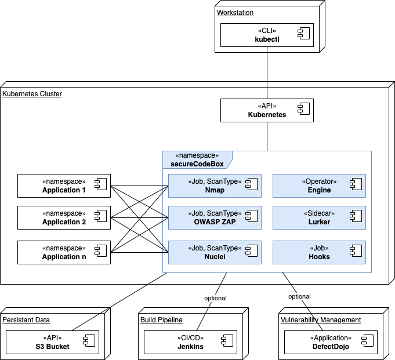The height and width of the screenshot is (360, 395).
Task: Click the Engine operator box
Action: [319, 186]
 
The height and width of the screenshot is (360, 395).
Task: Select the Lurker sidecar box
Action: [319, 217]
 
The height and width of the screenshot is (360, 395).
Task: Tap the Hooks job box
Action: [319, 252]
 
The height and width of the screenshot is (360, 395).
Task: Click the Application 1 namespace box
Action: [64, 186]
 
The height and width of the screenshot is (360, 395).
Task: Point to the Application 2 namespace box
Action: [64, 217]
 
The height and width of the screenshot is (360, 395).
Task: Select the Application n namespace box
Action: [64, 252]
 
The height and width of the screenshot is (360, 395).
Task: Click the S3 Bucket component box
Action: [52, 342]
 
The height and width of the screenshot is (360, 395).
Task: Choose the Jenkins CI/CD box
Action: [190, 342]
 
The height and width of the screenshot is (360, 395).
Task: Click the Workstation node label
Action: [235, 13]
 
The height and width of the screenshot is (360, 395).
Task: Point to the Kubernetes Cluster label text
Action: [32, 94]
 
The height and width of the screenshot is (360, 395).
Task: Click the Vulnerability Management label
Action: [321, 320]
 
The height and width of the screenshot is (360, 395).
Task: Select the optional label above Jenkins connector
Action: [215, 298]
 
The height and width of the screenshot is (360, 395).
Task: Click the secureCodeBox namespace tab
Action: [197, 159]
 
